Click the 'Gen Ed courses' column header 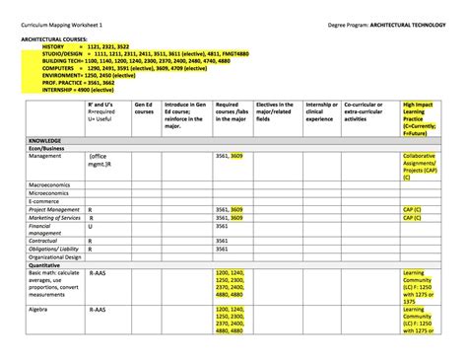click(x=144, y=108)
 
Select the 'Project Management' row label click(x=53, y=209)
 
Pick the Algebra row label click(x=39, y=310)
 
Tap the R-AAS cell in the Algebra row click(x=98, y=310)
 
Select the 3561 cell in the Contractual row click(x=222, y=240)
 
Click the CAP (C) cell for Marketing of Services click(x=412, y=218)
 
